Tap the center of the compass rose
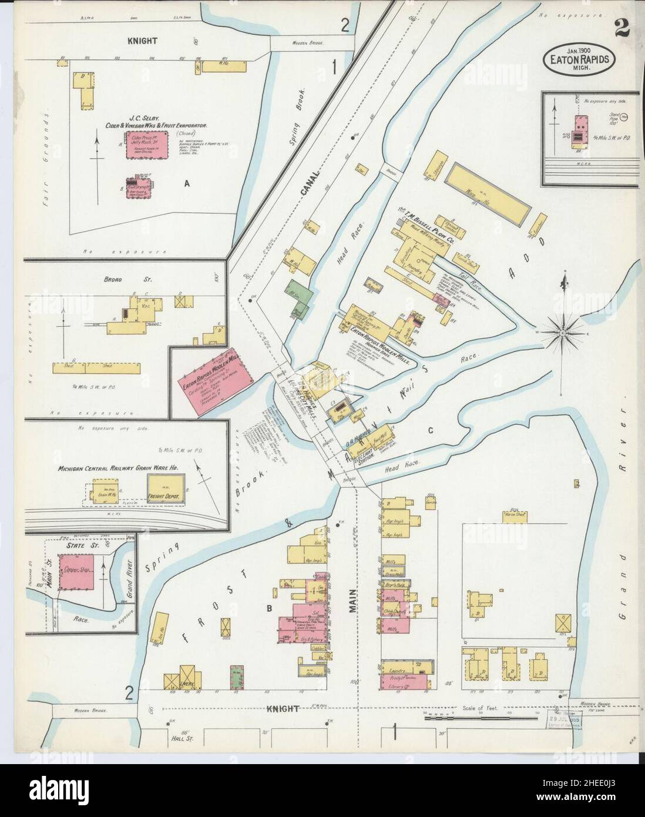(x=562, y=333)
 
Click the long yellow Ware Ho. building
(x=487, y=193)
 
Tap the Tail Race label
(x=468, y=268)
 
